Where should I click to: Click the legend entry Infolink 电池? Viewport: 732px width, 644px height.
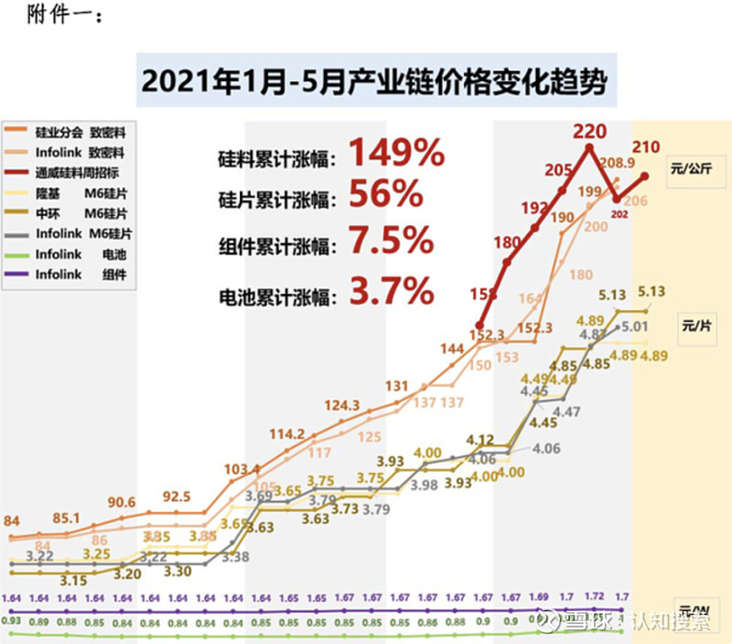tap(81, 253)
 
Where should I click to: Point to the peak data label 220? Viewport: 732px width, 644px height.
tap(588, 130)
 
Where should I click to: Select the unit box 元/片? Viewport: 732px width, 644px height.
tap(696, 325)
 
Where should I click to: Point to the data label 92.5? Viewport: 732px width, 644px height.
tap(176, 497)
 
